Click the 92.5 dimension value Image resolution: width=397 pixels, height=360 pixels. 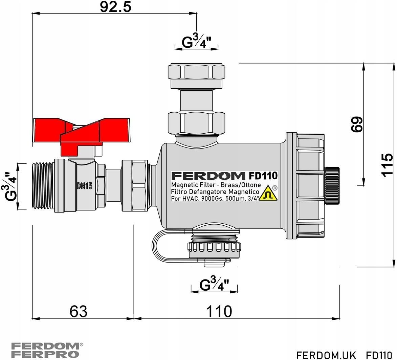point(115,7)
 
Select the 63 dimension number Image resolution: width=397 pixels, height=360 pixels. point(79,311)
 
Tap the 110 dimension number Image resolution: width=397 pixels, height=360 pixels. point(219,311)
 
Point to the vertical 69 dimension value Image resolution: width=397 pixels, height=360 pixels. point(356,125)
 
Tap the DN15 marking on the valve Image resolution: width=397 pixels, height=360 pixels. point(84,186)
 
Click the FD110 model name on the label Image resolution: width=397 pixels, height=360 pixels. point(263,176)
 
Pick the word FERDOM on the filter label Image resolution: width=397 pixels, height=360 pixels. point(208,176)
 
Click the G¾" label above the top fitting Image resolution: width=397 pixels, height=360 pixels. point(196,42)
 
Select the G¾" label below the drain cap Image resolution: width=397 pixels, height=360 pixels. point(214,285)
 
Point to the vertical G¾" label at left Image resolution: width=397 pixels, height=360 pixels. point(12,186)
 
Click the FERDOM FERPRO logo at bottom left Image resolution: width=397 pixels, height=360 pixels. point(46,350)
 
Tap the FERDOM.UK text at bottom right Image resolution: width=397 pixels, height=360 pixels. point(326,355)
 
